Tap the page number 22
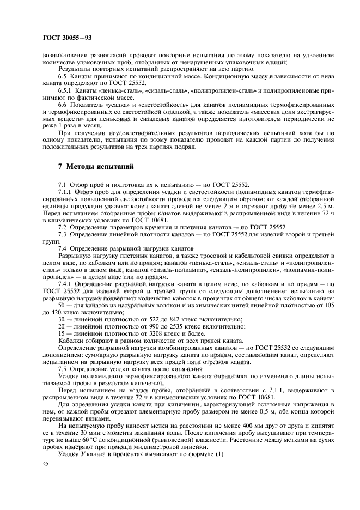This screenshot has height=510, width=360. pyautogui.click(x=46, y=465)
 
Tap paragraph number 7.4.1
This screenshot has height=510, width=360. pyautogui.click(x=66, y=284)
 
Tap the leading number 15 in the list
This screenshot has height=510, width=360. pyautogui.click(x=62, y=333)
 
